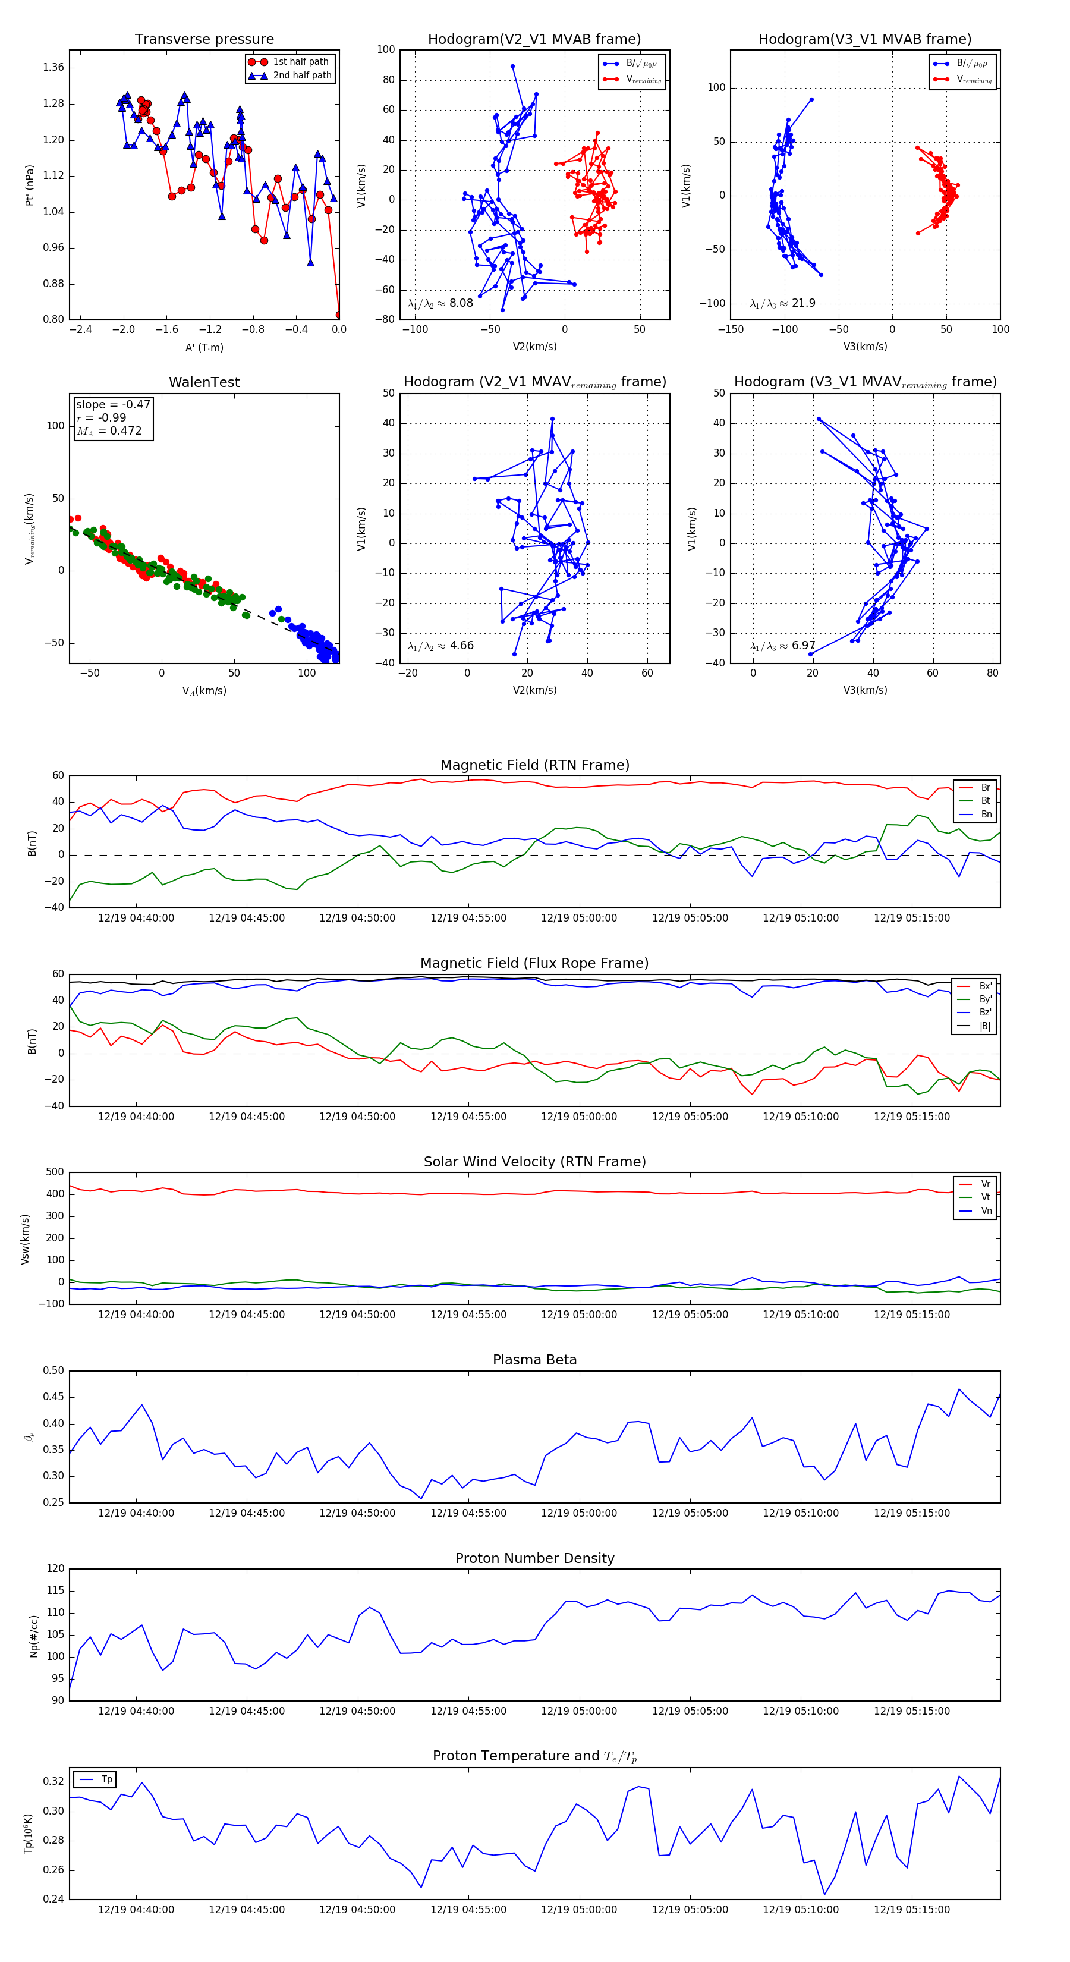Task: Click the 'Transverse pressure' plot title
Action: pyautogui.click(x=204, y=40)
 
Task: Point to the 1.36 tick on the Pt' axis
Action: pyautogui.click(x=53, y=68)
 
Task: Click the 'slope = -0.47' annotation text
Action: pyautogui.click(x=113, y=404)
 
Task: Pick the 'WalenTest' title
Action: pyautogui.click(x=204, y=382)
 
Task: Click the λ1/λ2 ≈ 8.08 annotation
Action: pyautogui.click(x=440, y=303)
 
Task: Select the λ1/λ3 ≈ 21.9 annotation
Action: pyautogui.click(x=782, y=303)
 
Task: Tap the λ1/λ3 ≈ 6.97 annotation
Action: pyautogui.click(x=782, y=646)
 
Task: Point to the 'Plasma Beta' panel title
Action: pyautogui.click(x=534, y=1360)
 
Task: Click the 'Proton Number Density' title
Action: pyautogui.click(x=534, y=1558)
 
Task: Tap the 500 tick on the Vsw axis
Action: pyautogui.click(x=55, y=1172)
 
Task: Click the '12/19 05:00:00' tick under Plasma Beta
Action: pyautogui.click(x=579, y=1513)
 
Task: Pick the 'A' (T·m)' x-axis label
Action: pyautogui.click(x=204, y=347)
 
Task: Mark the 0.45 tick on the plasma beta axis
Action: pyautogui.click(x=53, y=1397)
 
